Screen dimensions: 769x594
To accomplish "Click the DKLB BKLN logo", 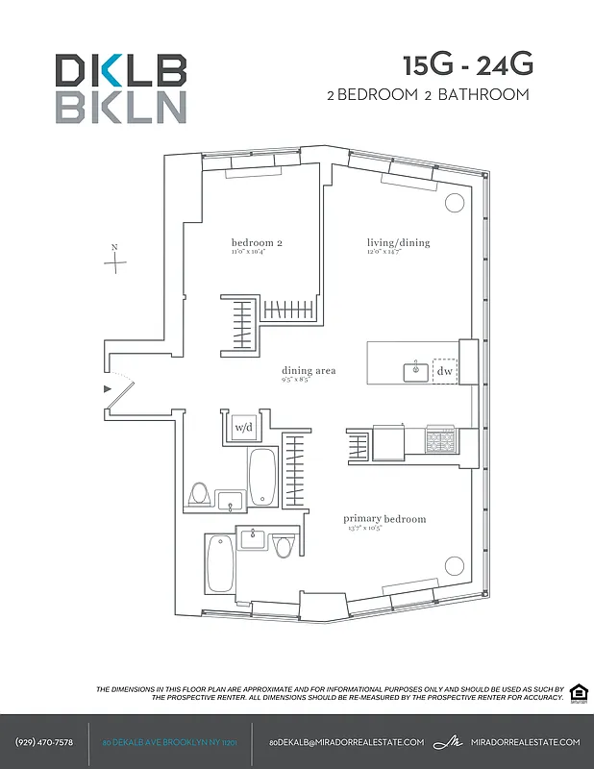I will [x=120, y=87].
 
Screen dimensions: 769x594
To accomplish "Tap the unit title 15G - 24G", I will [x=466, y=65].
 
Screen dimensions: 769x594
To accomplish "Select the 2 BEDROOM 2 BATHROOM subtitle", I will [x=429, y=94].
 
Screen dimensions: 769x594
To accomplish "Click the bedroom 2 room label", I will [x=256, y=243].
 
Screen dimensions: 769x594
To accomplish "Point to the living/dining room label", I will [x=398, y=243].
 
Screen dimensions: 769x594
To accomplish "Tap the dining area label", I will [x=308, y=371].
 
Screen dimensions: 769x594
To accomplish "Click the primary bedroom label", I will [x=384, y=520].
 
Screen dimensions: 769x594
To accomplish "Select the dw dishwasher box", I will [x=444, y=371].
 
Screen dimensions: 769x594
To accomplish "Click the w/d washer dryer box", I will [x=243, y=427].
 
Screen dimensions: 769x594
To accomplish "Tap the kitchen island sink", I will [x=416, y=370].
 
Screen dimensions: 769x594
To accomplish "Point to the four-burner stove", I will [x=441, y=441].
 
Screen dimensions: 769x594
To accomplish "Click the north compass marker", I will [x=114, y=260].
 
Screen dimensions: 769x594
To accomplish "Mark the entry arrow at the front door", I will [x=108, y=388].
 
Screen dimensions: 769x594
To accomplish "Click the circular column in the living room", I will [x=455, y=203].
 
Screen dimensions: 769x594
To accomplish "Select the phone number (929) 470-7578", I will [x=44, y=742].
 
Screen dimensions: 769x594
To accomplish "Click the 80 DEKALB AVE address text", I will [x=169, y=742].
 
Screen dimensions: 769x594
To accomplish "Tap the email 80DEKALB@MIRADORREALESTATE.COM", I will [x=346, y=742].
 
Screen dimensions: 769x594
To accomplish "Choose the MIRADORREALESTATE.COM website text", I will [x=526, y=742].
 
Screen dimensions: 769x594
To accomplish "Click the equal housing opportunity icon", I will [x=578, y=693].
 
